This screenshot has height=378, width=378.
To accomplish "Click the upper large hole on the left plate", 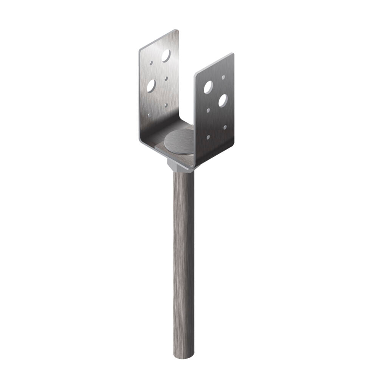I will click(x=166, y=56).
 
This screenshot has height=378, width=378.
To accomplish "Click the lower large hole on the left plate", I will click(x=151, y=85).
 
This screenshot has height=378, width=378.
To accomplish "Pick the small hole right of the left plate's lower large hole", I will click(x=166, y=79).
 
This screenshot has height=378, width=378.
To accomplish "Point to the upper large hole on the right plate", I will click(x=208, y=87).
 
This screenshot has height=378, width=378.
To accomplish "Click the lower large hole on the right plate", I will click(x=223, y=100).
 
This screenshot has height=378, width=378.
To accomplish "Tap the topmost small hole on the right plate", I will click(x=223, y=77).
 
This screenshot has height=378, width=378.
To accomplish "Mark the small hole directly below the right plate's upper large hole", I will click(x=208, y=110).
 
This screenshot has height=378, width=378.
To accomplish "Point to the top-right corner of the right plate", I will click(x=233, y=54).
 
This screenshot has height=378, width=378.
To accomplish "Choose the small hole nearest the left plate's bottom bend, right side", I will click(x=166, y=105).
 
